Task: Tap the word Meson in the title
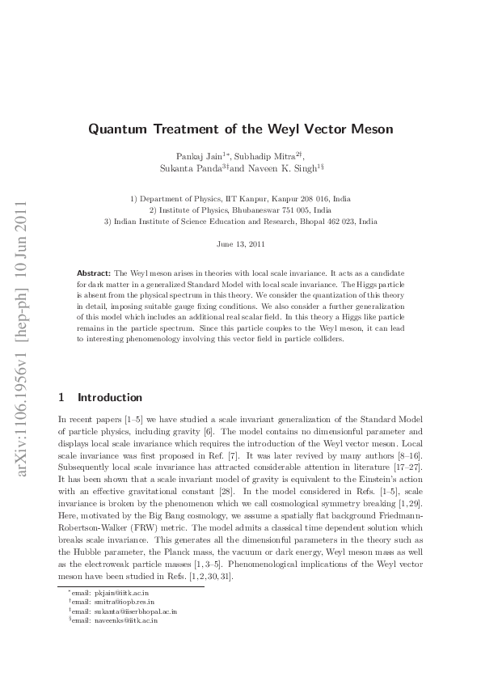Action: coord(371,129)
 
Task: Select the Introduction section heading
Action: coord(110,398)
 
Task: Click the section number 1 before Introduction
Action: coord(62,398)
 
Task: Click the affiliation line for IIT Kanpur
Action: coord(240,197)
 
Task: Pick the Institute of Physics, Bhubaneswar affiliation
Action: coord(240,209)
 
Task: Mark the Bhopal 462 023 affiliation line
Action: coord(240,220)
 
